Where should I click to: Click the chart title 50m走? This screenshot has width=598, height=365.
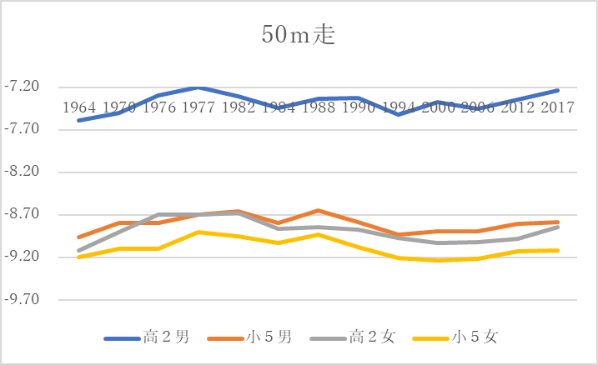(299, 37)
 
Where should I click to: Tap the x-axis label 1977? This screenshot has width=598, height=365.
(198, 108)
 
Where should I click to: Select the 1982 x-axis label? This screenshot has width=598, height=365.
(238, 108)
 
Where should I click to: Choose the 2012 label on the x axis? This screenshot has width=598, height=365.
(517, 108)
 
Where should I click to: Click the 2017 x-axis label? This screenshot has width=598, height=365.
(556, 108)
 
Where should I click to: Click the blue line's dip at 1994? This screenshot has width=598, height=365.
(398, 114)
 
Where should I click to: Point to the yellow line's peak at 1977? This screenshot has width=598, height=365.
(198, 232)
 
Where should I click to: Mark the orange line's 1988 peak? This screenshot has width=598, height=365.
(318, 210)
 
